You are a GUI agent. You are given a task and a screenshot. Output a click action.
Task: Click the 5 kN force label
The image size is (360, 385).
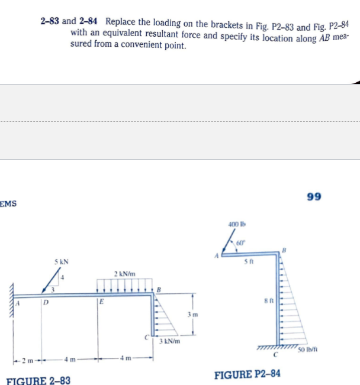tap(61, 261)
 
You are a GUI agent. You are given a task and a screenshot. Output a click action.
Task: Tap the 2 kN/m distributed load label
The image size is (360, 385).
tap(125, 274)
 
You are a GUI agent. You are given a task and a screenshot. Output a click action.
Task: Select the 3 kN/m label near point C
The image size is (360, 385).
tap(170, 341)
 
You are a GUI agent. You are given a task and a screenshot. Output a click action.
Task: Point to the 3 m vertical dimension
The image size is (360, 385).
tap(189, 313)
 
